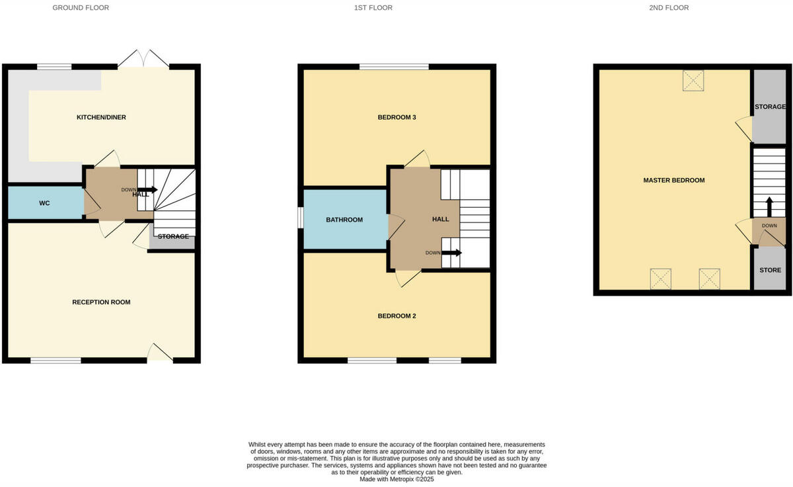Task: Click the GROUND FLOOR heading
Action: (x=81, y=8)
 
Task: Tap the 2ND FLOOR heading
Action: (x=669, y=8)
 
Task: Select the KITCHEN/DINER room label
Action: (x=101, y=117)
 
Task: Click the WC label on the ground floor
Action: (x=44, y=203)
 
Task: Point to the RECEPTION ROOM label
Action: (x=101, y=302)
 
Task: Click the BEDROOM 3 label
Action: (x=397, y=118)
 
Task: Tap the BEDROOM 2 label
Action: (x=397, y=316)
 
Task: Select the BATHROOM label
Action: (x=344, y=220)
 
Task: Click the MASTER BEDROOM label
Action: (x=674, y=180)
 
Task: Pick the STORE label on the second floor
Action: (x=770, y=270)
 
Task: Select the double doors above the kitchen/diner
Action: (x=144, y=60)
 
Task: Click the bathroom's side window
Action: (x=300, y=218)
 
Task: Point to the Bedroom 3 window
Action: (x=394, y=67)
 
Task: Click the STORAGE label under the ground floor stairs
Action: (x=173, y=236)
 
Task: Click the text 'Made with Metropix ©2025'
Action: (x=397, y=479)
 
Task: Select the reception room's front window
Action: (x=56, y=360)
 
